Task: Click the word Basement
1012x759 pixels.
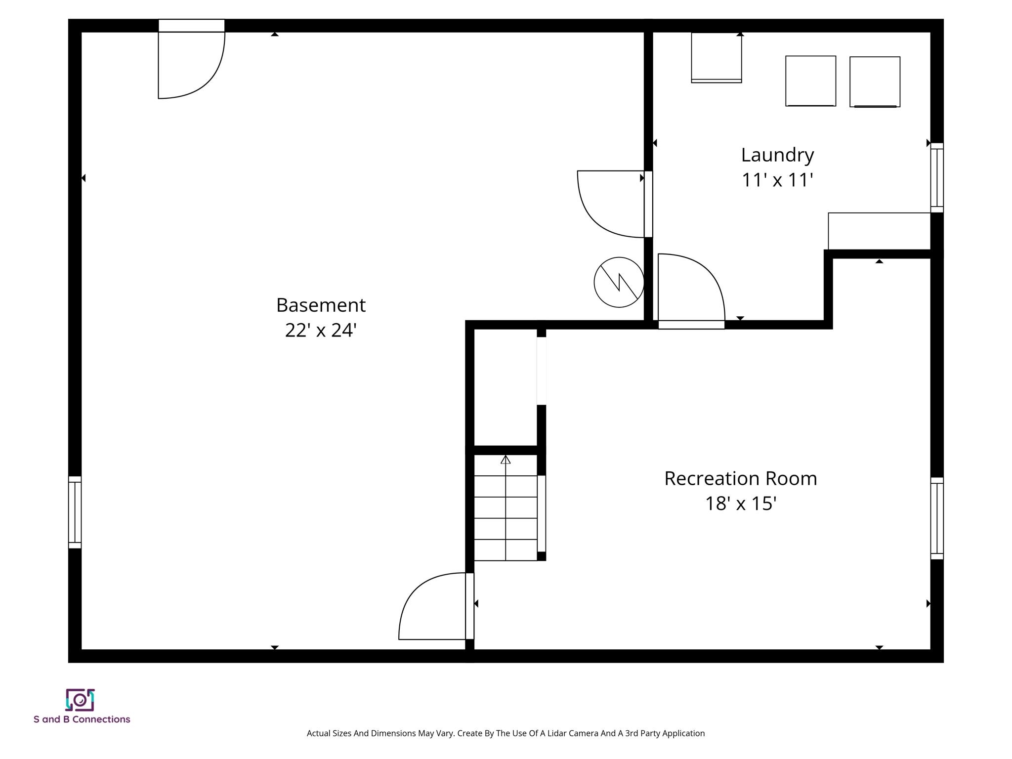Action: coord(320,305)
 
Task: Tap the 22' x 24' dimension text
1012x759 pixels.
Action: coord(320,330)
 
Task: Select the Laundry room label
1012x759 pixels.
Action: coord(777,155)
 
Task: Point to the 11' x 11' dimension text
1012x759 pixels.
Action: coord(777,180)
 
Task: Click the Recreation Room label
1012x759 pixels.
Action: coord(740,478)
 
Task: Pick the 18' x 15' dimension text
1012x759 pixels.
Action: coord(740,504)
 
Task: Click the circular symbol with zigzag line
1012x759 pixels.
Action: coord(619,282)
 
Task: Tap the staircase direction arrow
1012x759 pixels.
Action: coord(505,460)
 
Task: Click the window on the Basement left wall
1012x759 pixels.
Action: coord(75,512)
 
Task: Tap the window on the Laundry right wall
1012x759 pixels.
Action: coord(936,177)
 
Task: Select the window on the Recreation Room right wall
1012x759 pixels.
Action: coord(936,518)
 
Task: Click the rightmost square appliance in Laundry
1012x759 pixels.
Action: coord(875,82)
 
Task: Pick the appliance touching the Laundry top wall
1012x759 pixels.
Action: coord(716,57)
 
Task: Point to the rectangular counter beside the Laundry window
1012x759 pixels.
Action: coord(879,231)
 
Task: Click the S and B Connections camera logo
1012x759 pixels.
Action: coord(80,700)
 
